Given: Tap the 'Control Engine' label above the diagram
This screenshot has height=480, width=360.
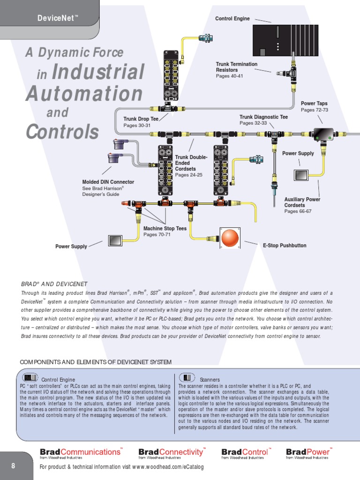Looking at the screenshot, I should point(232,19).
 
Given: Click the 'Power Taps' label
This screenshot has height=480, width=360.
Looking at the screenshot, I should point(314,103).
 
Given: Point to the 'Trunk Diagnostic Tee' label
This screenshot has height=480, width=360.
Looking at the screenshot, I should point(263,117).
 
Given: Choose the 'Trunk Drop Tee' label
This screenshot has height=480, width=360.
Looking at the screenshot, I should point(141,119).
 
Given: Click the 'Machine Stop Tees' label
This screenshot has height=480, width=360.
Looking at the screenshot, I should point(165,228).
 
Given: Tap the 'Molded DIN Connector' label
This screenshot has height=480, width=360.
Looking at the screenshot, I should point(108,182).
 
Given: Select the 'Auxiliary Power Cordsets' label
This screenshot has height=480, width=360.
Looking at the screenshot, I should point(302,202).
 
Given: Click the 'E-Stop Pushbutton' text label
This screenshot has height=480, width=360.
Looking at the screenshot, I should point(285,245).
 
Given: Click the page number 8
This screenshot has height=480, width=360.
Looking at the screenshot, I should point(13,465).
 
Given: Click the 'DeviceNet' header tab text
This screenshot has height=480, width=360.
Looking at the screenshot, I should point(57,18).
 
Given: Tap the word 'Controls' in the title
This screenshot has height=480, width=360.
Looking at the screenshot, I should point(62,132).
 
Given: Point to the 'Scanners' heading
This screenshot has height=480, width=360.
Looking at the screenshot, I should point(210,379).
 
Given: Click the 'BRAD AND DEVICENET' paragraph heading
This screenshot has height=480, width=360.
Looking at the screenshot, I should point(54,284).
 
